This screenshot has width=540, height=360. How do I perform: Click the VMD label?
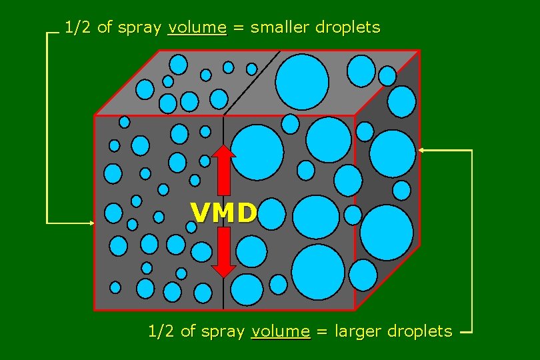click(224, 213)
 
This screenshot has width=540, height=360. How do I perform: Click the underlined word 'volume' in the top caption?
click(197, 28)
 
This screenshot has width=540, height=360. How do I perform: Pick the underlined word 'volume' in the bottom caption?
click(281, 331)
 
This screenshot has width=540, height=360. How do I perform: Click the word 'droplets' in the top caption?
click(347, 28)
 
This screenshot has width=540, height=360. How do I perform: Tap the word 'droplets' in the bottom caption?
click(420, 331)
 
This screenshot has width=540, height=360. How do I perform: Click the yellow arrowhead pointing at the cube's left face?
click(91, 222)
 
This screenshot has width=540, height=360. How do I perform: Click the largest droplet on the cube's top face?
click(302, 82)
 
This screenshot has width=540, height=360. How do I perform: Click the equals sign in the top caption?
click(238, 28)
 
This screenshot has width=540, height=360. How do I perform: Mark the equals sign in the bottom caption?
click(322, 331)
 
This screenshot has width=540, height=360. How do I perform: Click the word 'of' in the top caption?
click(105, 28)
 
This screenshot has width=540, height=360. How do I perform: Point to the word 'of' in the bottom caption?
click(189, 331)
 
